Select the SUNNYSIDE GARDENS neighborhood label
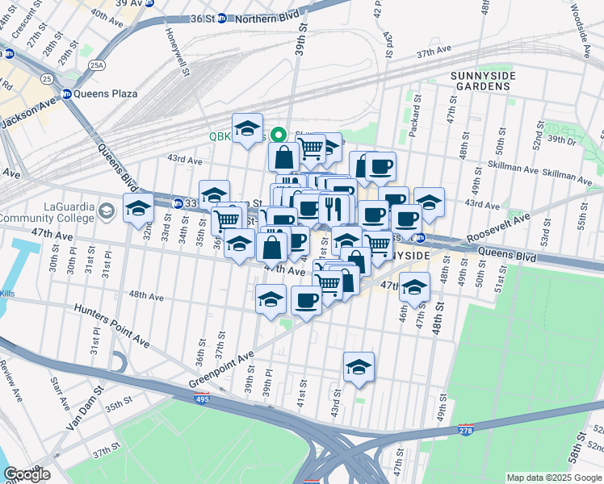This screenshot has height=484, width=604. [484, 80]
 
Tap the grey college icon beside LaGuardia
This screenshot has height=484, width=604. [106, 211]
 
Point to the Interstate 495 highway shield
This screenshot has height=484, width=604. [203, 398]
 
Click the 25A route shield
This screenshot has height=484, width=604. [98, 65]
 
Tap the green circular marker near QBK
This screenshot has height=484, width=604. [279, 135]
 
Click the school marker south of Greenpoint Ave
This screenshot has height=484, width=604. [359, 367]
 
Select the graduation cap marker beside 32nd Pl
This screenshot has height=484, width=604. [138, 208]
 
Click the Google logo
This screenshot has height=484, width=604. [27, 474]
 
